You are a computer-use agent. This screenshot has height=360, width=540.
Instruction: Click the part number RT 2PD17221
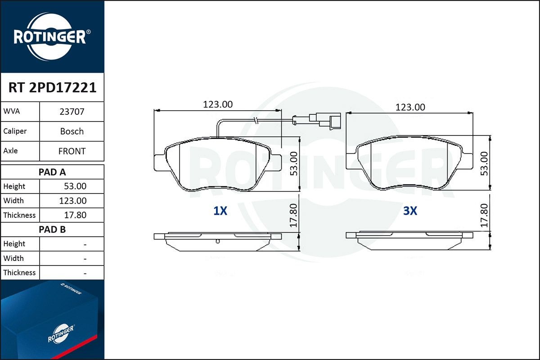coord(52,87)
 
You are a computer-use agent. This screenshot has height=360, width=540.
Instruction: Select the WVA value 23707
coord(72,112)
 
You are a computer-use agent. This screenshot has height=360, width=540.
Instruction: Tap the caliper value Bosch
coord(72,131)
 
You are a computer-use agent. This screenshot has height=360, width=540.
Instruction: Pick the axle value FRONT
coord(72,151)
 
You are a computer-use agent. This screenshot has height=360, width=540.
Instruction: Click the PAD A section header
coord(52,172)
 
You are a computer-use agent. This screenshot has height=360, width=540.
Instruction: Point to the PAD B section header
coord(52,229)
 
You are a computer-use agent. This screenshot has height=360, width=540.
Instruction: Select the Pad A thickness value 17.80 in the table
coord(75,215)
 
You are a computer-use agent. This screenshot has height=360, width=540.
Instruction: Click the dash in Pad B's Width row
coord(85,258)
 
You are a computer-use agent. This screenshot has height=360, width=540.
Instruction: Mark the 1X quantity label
coord(220,211)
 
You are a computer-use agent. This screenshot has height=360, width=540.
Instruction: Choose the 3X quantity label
coord(410,211)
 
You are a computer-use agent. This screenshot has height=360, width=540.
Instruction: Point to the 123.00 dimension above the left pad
coord(218,104)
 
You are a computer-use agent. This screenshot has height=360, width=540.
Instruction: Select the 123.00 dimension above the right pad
coord(410,107)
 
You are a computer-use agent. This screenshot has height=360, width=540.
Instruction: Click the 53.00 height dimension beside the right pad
coord(484,163)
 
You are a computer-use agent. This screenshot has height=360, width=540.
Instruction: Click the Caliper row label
coord(15,131)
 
